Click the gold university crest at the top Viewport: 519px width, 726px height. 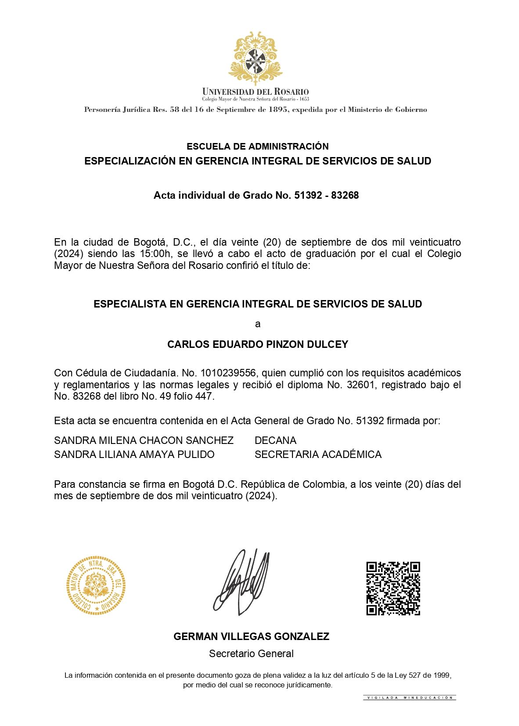[x=255, y=58]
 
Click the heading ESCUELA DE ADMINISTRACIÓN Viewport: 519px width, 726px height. [x=258, y=147]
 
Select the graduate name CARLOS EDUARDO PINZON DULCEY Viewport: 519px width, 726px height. [x=258, y=344]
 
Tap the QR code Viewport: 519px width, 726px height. [x=393, y=588]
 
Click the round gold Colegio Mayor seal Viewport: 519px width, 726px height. [x=96, y=585]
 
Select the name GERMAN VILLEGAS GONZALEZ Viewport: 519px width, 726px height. [x=251, y=637]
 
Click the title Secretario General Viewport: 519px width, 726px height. [x=251, y=654]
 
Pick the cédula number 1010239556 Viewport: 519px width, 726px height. [x=228, y=373]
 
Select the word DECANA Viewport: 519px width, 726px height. [x=275, y=440]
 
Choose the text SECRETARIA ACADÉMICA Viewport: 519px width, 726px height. [x=318, y=454]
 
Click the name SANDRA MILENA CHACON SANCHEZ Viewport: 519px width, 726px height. [x=144, y=440]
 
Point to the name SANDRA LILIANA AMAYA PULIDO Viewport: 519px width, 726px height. [x=134, y=454]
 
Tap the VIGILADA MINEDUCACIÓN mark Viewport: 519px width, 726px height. [x=409, y=697]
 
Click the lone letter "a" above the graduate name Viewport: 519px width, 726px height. [x=258, y=324]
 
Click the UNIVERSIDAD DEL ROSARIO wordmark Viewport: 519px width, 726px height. [x=255, y=92]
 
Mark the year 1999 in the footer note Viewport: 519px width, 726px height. [x=441, y=676]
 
